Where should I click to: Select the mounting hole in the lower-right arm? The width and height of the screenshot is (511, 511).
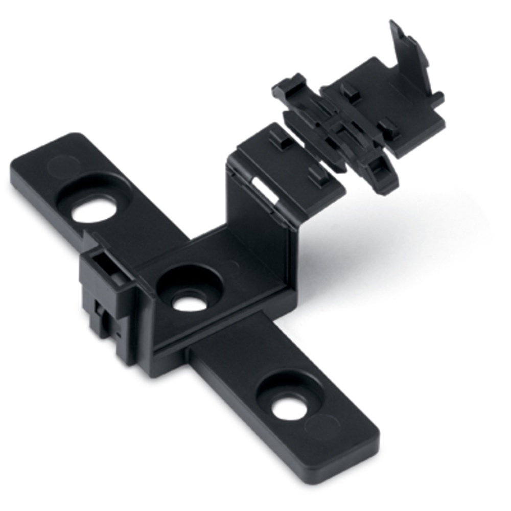[288, 407]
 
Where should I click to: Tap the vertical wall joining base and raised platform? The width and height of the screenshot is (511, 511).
[261, 240]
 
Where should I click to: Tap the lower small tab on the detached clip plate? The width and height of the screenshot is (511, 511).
[388, 125]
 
